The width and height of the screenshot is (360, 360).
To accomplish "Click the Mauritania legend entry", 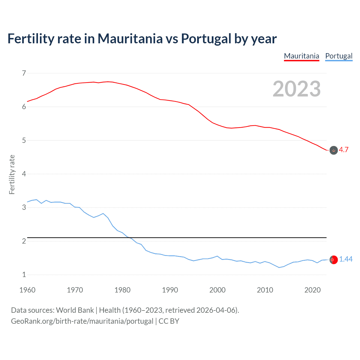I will [301, 56].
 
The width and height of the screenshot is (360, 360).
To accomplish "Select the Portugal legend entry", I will [339, 56].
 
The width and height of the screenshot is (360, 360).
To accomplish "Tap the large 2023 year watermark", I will [296, 89].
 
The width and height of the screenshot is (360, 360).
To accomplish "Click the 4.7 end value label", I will [344, 150].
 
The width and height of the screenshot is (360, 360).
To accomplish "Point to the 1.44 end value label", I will [346, 259].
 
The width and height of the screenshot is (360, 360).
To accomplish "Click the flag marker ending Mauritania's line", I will [334, 150].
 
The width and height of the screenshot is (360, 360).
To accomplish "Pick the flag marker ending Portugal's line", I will [334, 260].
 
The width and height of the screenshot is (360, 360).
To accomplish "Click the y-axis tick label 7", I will [24, 73].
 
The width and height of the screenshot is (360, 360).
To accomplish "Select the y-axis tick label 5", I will [24, 140].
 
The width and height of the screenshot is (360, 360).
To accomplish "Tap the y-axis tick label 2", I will [24, 241].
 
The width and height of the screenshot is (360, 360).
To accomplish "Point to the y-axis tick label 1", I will [24, 274].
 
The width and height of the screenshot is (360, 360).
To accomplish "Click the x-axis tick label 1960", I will [27, 290].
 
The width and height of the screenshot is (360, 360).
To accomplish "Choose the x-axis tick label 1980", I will [122, 290].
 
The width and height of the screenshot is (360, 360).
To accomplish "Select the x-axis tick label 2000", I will [217, 290].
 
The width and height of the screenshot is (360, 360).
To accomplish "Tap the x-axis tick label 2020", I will [312, 290].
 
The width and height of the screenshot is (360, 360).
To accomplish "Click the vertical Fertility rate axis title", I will [12, 174].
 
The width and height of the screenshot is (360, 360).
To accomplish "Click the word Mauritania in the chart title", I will [130, 39].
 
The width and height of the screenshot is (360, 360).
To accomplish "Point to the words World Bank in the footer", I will [75, 310].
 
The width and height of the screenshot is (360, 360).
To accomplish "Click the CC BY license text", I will [169, 321].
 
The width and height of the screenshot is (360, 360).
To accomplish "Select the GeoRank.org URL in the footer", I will [82, 321].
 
